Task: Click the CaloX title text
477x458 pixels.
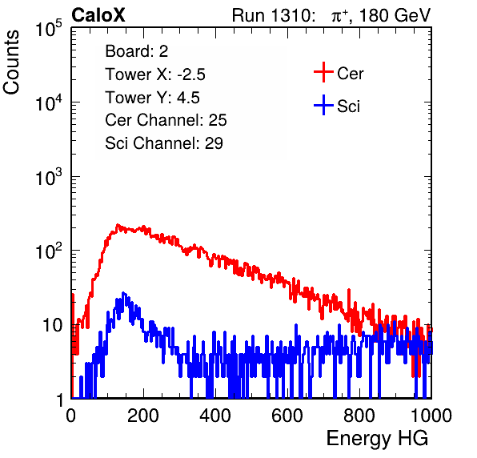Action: coord(98,15)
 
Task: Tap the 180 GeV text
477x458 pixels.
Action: coord(395,15)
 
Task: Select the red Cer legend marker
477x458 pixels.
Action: coord(323,72)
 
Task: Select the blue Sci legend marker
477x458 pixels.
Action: coord(323,105)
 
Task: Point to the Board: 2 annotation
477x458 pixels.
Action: coord(137,51)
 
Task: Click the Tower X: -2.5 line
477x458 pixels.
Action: coord(155,74)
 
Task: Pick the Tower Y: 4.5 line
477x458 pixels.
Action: coord(152,98)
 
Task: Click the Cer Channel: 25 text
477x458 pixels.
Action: coord(166,120)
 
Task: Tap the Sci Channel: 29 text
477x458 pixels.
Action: coord(164,143)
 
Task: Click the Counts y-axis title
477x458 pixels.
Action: coord(11,62)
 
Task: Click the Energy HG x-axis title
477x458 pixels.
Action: coord(377,439)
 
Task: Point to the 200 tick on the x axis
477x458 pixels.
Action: coord(143,415)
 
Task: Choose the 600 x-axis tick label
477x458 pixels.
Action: coord(287,415)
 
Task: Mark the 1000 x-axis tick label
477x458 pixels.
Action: coord(431,415)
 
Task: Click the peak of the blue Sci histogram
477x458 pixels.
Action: coord(123,293)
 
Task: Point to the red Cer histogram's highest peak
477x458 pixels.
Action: coord(118,225)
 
